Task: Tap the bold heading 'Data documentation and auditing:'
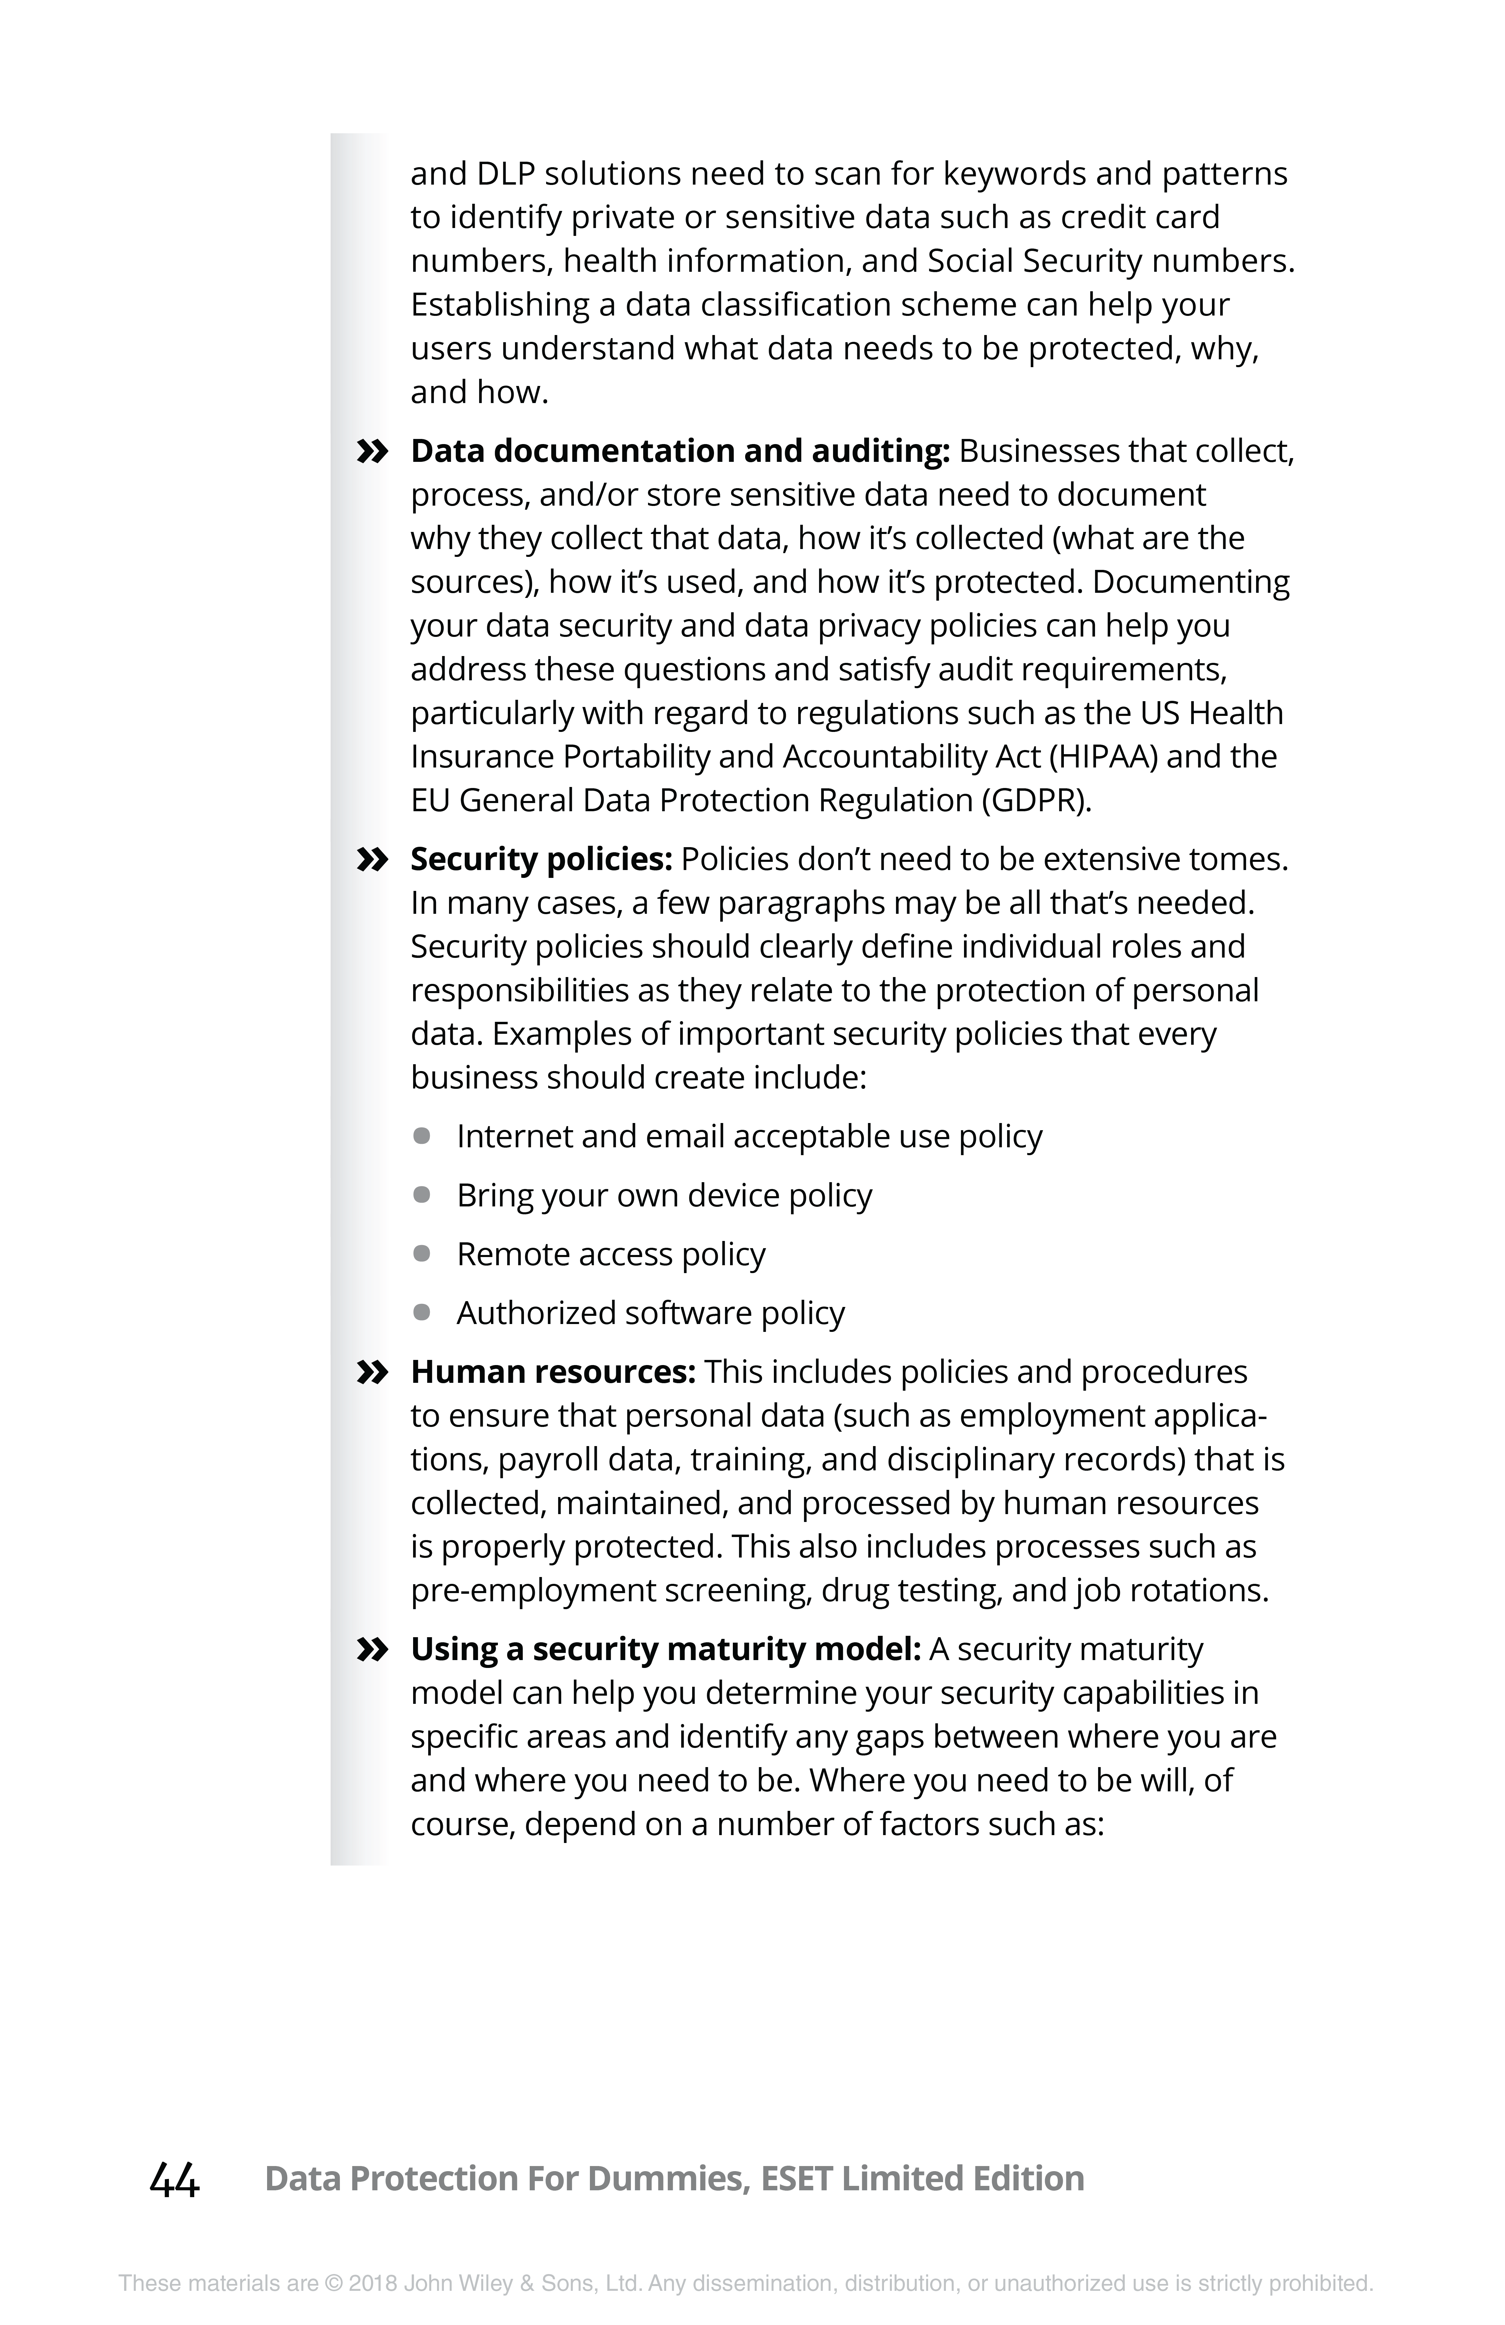coord(680,451)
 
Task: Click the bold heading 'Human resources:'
coord(553,1373)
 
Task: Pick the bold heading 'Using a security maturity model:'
coord(665,1650)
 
